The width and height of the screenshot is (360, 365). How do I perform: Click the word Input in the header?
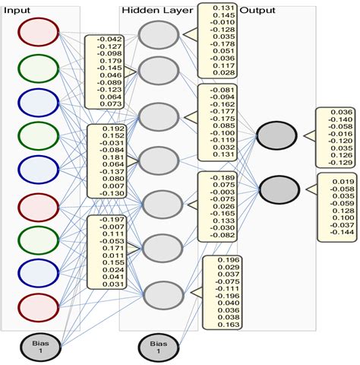tap(17, 10)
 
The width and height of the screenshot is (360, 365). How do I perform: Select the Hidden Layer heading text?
tap(151, 10)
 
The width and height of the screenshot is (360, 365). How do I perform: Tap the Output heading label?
tap(257, 10)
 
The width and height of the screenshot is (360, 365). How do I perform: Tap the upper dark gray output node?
tap(276, 135)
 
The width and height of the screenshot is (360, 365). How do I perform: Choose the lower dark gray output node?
tap(276, 186)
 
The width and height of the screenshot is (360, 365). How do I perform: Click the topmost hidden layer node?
tap(160, 36)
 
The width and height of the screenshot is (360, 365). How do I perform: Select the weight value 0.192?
tap(112, 129)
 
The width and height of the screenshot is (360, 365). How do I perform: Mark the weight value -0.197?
tap(111, 221)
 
